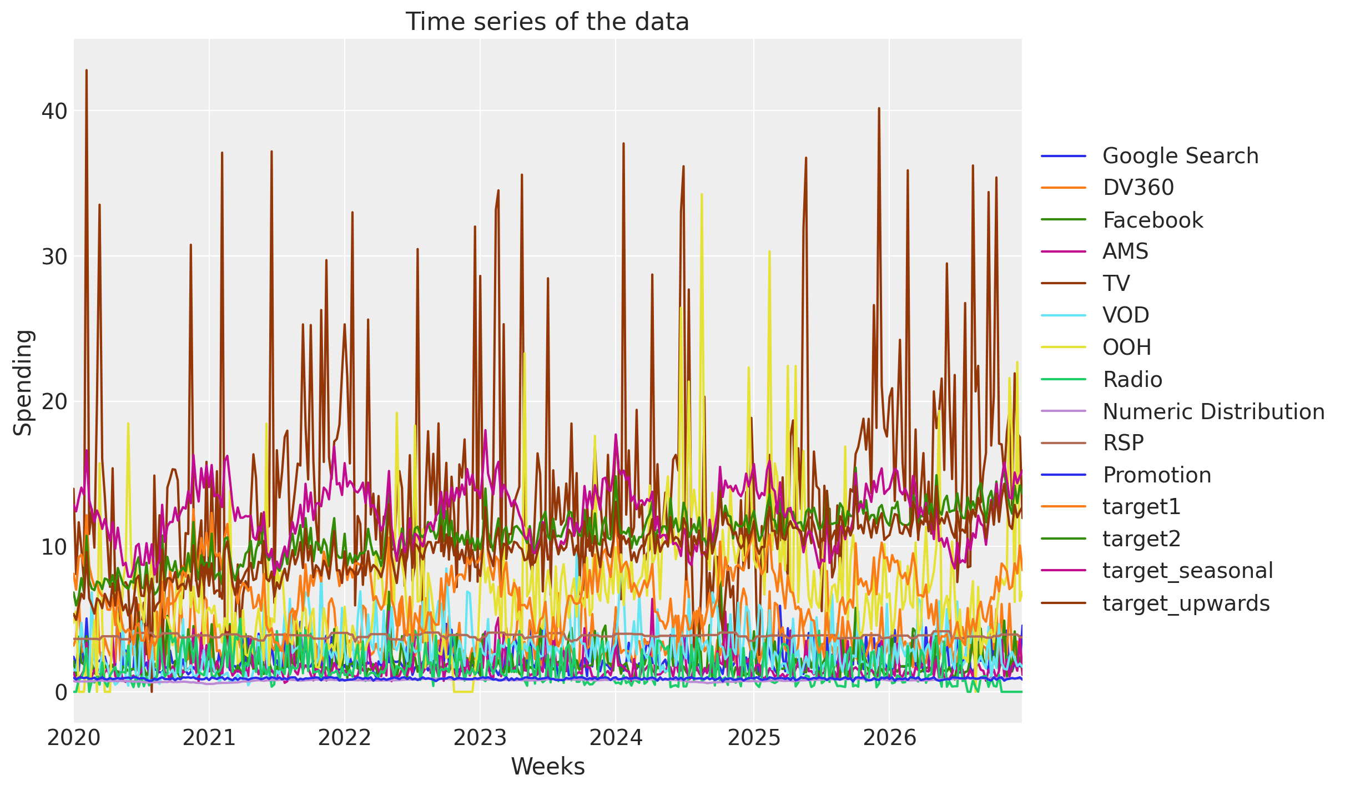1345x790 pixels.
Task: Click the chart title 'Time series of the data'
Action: (x=547, y=22)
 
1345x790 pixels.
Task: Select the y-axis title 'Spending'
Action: (x=23, y=383)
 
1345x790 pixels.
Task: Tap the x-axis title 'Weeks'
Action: (x=547, y=767)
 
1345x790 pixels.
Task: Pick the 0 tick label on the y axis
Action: (x=61, y=692)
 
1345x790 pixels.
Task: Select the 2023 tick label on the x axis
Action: (x=480, y=738)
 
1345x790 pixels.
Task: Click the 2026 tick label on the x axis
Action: (x=889, y=738)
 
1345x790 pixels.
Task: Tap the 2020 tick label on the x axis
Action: (x=74, y=738)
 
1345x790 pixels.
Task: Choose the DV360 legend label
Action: (x=1138, y=188)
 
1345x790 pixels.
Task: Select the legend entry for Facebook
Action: (x=1152, y=220)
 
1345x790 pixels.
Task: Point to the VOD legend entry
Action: (x=1125, y=315)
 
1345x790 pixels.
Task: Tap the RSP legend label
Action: (x=1123, y=443)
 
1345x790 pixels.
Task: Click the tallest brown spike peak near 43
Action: (x=87, y=70)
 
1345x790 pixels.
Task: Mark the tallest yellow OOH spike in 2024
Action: (x=702, y=194)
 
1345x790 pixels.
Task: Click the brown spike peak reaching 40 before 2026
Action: (x=879, y=108)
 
